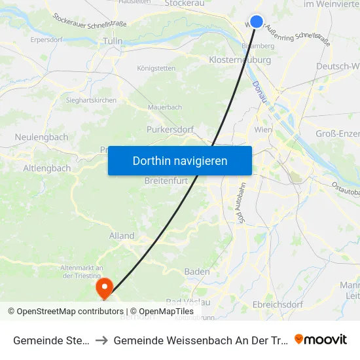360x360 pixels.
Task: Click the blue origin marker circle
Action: point(257,22)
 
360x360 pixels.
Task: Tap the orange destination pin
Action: point(104,287)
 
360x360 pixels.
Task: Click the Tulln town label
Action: point(113,41)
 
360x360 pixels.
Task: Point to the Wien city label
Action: point(262,130)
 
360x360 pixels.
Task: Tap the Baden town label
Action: point(197,272)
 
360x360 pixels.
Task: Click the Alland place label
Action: point(122,236)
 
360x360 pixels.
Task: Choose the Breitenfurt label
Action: point(166,180)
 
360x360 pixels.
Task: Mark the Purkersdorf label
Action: point(170,130)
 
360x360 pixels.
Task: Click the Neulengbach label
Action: point(41,137)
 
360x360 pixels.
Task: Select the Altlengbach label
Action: point(47,168)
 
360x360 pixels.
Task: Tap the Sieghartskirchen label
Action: point(92,100)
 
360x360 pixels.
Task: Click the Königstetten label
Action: point(156,68)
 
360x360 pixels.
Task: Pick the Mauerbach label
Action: point(164,106)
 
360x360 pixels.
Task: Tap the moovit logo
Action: point(321,339)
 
